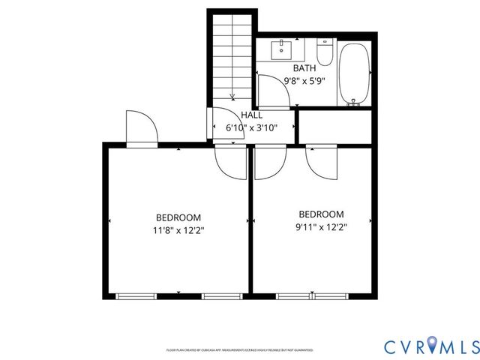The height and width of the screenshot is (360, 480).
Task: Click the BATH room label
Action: pyautogui.click(x=294, y=68)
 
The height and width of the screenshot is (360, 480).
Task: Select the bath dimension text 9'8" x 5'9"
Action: pyautogui.click(x=304, y=80)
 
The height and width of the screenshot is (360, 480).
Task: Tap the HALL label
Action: pyautogui.click(x=251, y=115)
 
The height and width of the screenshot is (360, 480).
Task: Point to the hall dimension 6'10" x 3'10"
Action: pyautogui.click(x=252, y=127)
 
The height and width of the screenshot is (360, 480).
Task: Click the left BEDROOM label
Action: pyautogui.click(x=178, y=218)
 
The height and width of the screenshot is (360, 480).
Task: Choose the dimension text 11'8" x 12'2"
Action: pyautogui.click(x=178, y=231)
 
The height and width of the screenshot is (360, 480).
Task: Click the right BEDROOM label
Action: pyautogui.click(x=321, y=214)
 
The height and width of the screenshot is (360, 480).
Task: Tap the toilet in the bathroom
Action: pyautogui.click(x=324, y=53)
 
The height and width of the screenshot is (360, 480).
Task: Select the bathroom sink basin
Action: pyautogui.click(x=284, y=48)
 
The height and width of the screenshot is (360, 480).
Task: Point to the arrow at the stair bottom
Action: pyautogui.click(x=233, y=95)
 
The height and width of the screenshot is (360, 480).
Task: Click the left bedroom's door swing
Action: pyautogui.click(x=228, y=161)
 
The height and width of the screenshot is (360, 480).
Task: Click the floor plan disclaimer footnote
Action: pyautogui.click(x=239, y=350)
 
